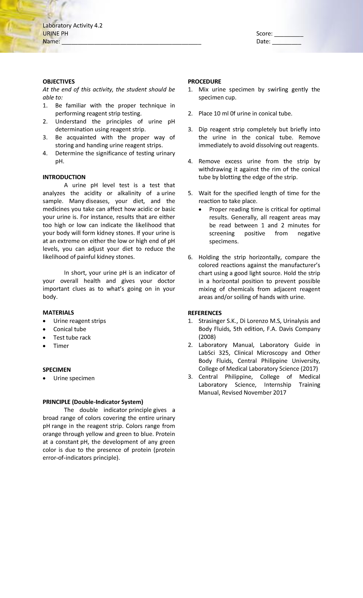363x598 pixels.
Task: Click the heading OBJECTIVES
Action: [58, 82]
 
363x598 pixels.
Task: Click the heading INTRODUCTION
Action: [64, 177]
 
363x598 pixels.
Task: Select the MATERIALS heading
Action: [58, 313]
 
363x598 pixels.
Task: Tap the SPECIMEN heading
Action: [57, 370]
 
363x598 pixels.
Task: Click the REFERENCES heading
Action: [204, 313]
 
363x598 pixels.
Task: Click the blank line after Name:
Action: [131, 42]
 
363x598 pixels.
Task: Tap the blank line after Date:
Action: [286, 42]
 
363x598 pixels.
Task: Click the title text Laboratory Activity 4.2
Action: [72, 26]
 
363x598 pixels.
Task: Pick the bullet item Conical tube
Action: [70, 329]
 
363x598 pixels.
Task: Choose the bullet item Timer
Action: [61, 346]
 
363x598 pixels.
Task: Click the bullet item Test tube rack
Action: [72, 337]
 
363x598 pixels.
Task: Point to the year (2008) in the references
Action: [207, 337]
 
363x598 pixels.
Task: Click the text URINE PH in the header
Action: [55, 34]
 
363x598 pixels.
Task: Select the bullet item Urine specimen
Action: [74, 378]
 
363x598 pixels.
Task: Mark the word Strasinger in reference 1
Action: [212, 321]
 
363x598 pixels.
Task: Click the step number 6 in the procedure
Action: [190, 258]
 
